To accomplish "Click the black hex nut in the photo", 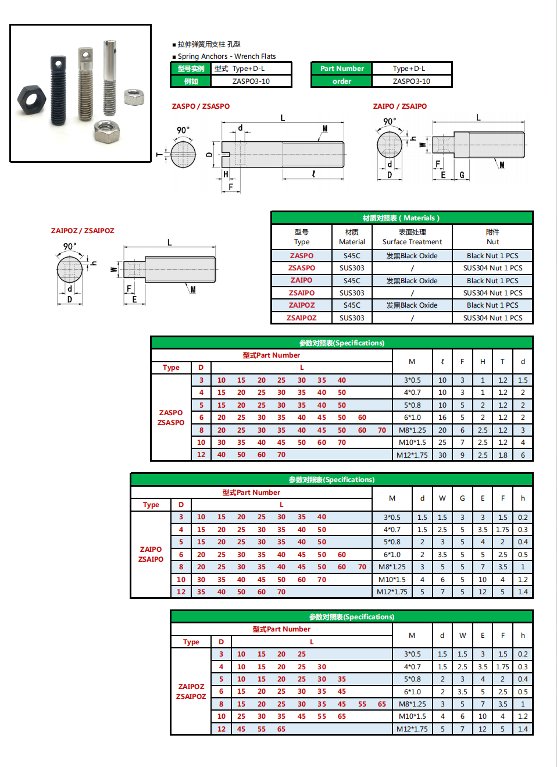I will tap(31, 99).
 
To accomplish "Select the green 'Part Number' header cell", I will tap(342, 69).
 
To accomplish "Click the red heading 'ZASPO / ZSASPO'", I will tap(201, 106).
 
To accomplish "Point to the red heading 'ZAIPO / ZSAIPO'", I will tap(399, 106).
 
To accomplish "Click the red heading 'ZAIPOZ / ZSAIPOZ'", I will tap(83, 231).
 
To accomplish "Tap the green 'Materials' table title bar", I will tap(401, 218).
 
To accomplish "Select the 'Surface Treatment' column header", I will tap(412, 237).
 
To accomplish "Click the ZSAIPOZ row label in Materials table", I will tap(301, 318).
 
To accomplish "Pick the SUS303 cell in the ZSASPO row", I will tap(352, 268).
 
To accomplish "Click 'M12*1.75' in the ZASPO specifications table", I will tap(412, 455).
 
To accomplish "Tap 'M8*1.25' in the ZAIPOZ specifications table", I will tap(412, 704).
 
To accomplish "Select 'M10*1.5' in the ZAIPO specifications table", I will tap(392, 580).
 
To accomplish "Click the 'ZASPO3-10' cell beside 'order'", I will tap(411, 81).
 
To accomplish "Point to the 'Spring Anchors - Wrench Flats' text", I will tap(227, 56).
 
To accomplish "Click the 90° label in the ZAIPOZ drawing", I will tap(70, 247).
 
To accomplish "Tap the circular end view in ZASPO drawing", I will tap(183, 155).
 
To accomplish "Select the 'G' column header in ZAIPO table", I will tap(462, 498).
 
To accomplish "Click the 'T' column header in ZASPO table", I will tap(502, 362).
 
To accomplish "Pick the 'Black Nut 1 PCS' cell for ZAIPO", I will tap(492, 281).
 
